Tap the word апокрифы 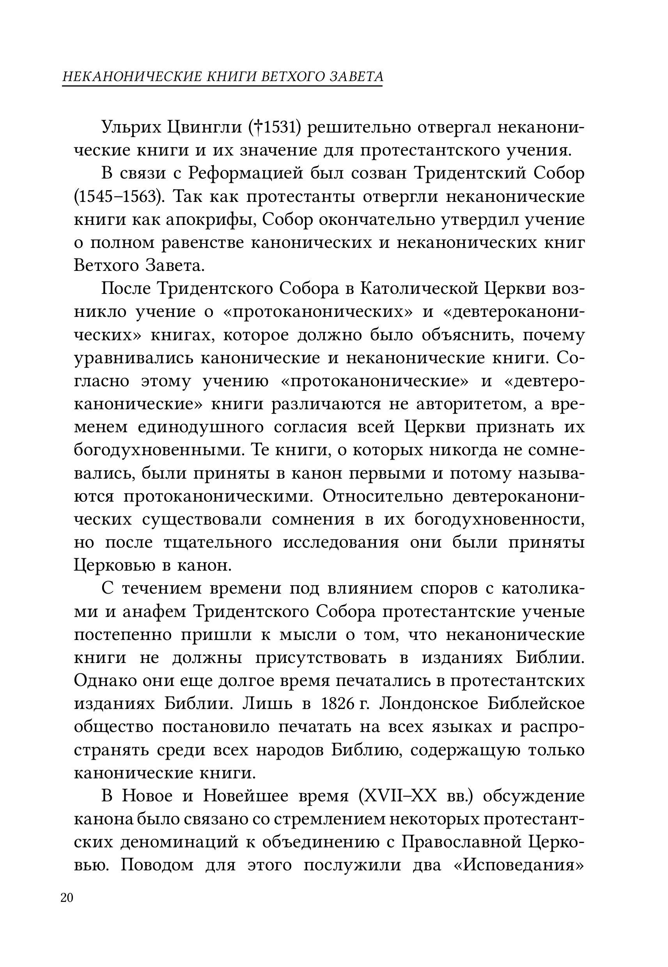(x=212, y=219)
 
